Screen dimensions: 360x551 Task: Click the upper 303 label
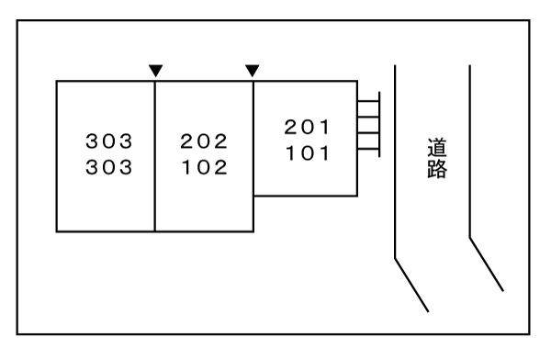tap(109, 141)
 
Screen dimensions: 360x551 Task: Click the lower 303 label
tap(109, 168)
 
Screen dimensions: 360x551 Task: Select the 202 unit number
tap(204, 141)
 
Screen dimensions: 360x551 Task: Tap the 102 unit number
tap(204, 168)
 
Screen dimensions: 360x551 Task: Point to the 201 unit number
tap(306, 127)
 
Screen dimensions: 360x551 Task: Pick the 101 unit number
tap(306, 153)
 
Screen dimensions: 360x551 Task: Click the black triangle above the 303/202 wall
tap(155, 70)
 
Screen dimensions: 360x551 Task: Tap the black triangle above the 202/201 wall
tap(253, 70)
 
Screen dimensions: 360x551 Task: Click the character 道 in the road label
tap(436, 147)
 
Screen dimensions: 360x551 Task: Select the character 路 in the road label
tap(436, 170)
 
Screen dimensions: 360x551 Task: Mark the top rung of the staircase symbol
tap(368, 99)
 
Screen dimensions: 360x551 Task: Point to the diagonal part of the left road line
tap(411, 285)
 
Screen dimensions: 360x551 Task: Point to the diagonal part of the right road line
tap(487, 264)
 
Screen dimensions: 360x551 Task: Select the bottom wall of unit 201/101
tap(306, 196)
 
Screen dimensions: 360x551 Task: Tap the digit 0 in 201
tap(306, 127)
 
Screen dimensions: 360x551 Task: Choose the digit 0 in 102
tap(204, 168)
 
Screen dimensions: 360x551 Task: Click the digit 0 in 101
tap(306, 153)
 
